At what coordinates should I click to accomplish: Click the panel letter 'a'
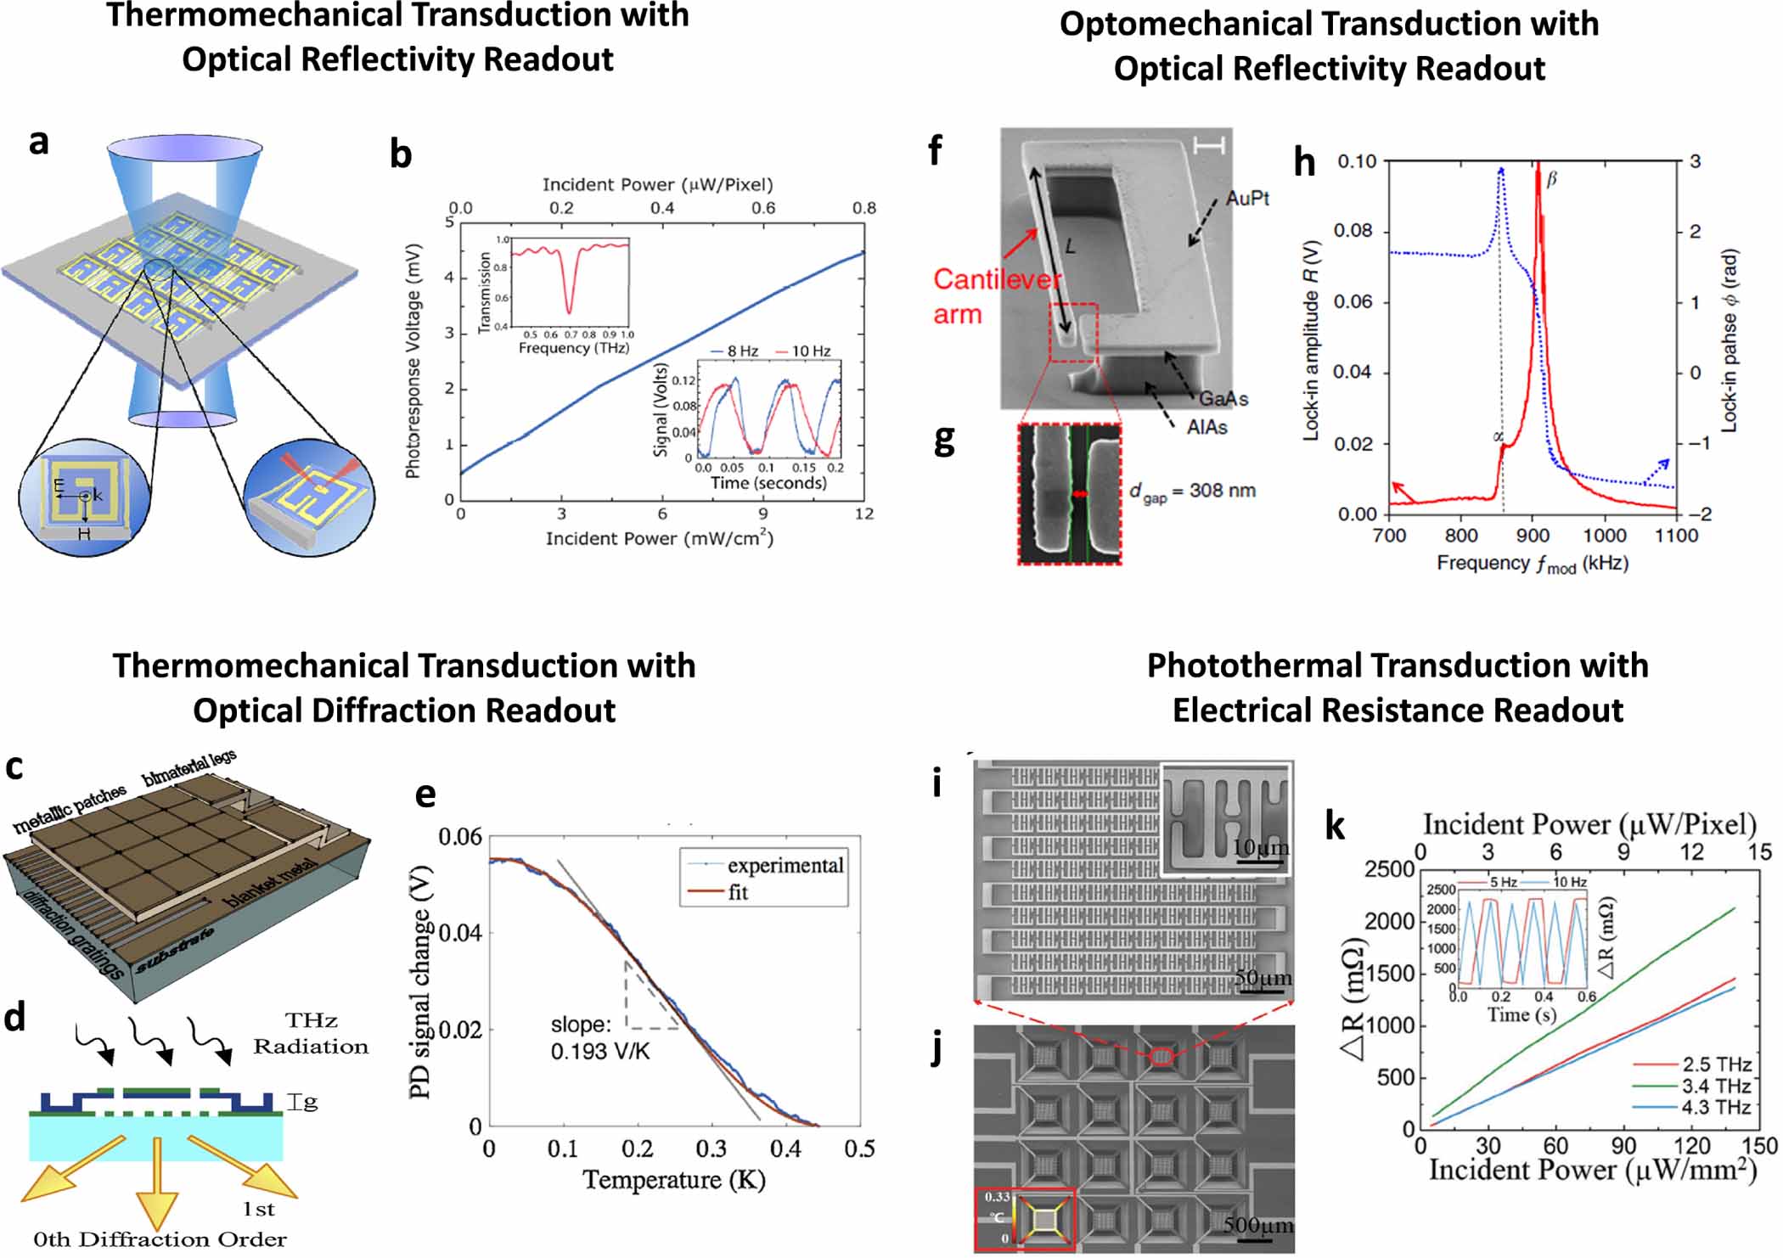pyautogui.click(x=39, y=143)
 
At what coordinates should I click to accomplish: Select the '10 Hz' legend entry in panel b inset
pyautogui.click(x=810, y=351)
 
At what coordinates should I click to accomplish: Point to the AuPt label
pyautogui.click(x=1246, y=199)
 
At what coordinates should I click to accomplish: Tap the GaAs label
pyautogui.click(x=1223, y=398)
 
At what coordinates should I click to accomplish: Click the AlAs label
pyautogui.click(x=1206, y=427)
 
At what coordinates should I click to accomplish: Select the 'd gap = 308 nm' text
pyautogui.click(x=1192, y=491)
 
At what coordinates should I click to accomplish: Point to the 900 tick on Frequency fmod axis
pyautogui.click(x=1533, y=536)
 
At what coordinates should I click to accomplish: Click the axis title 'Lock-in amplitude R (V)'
pyautogui.click(x=1311, y=340)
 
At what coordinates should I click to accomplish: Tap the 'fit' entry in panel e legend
pyautogui.click(x=738, y=892)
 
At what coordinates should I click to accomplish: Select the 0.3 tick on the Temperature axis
pyautogui.click(x=711, y=1148)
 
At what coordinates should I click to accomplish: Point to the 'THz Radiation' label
pyautogui.click(x=311, y=1033)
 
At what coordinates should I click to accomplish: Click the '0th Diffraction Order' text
pyautogui.click(x=160, y=1239)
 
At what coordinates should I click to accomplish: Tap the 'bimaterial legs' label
pyautogui.click(x=188, y=767)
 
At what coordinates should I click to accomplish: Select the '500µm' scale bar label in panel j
pyautogui.click(x=1257, y=1224)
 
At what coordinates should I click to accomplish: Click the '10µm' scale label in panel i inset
pyautogui.click(x=1260, y=847)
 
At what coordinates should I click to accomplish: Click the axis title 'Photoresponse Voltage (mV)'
pyautogui.click(x=413, y=362)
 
